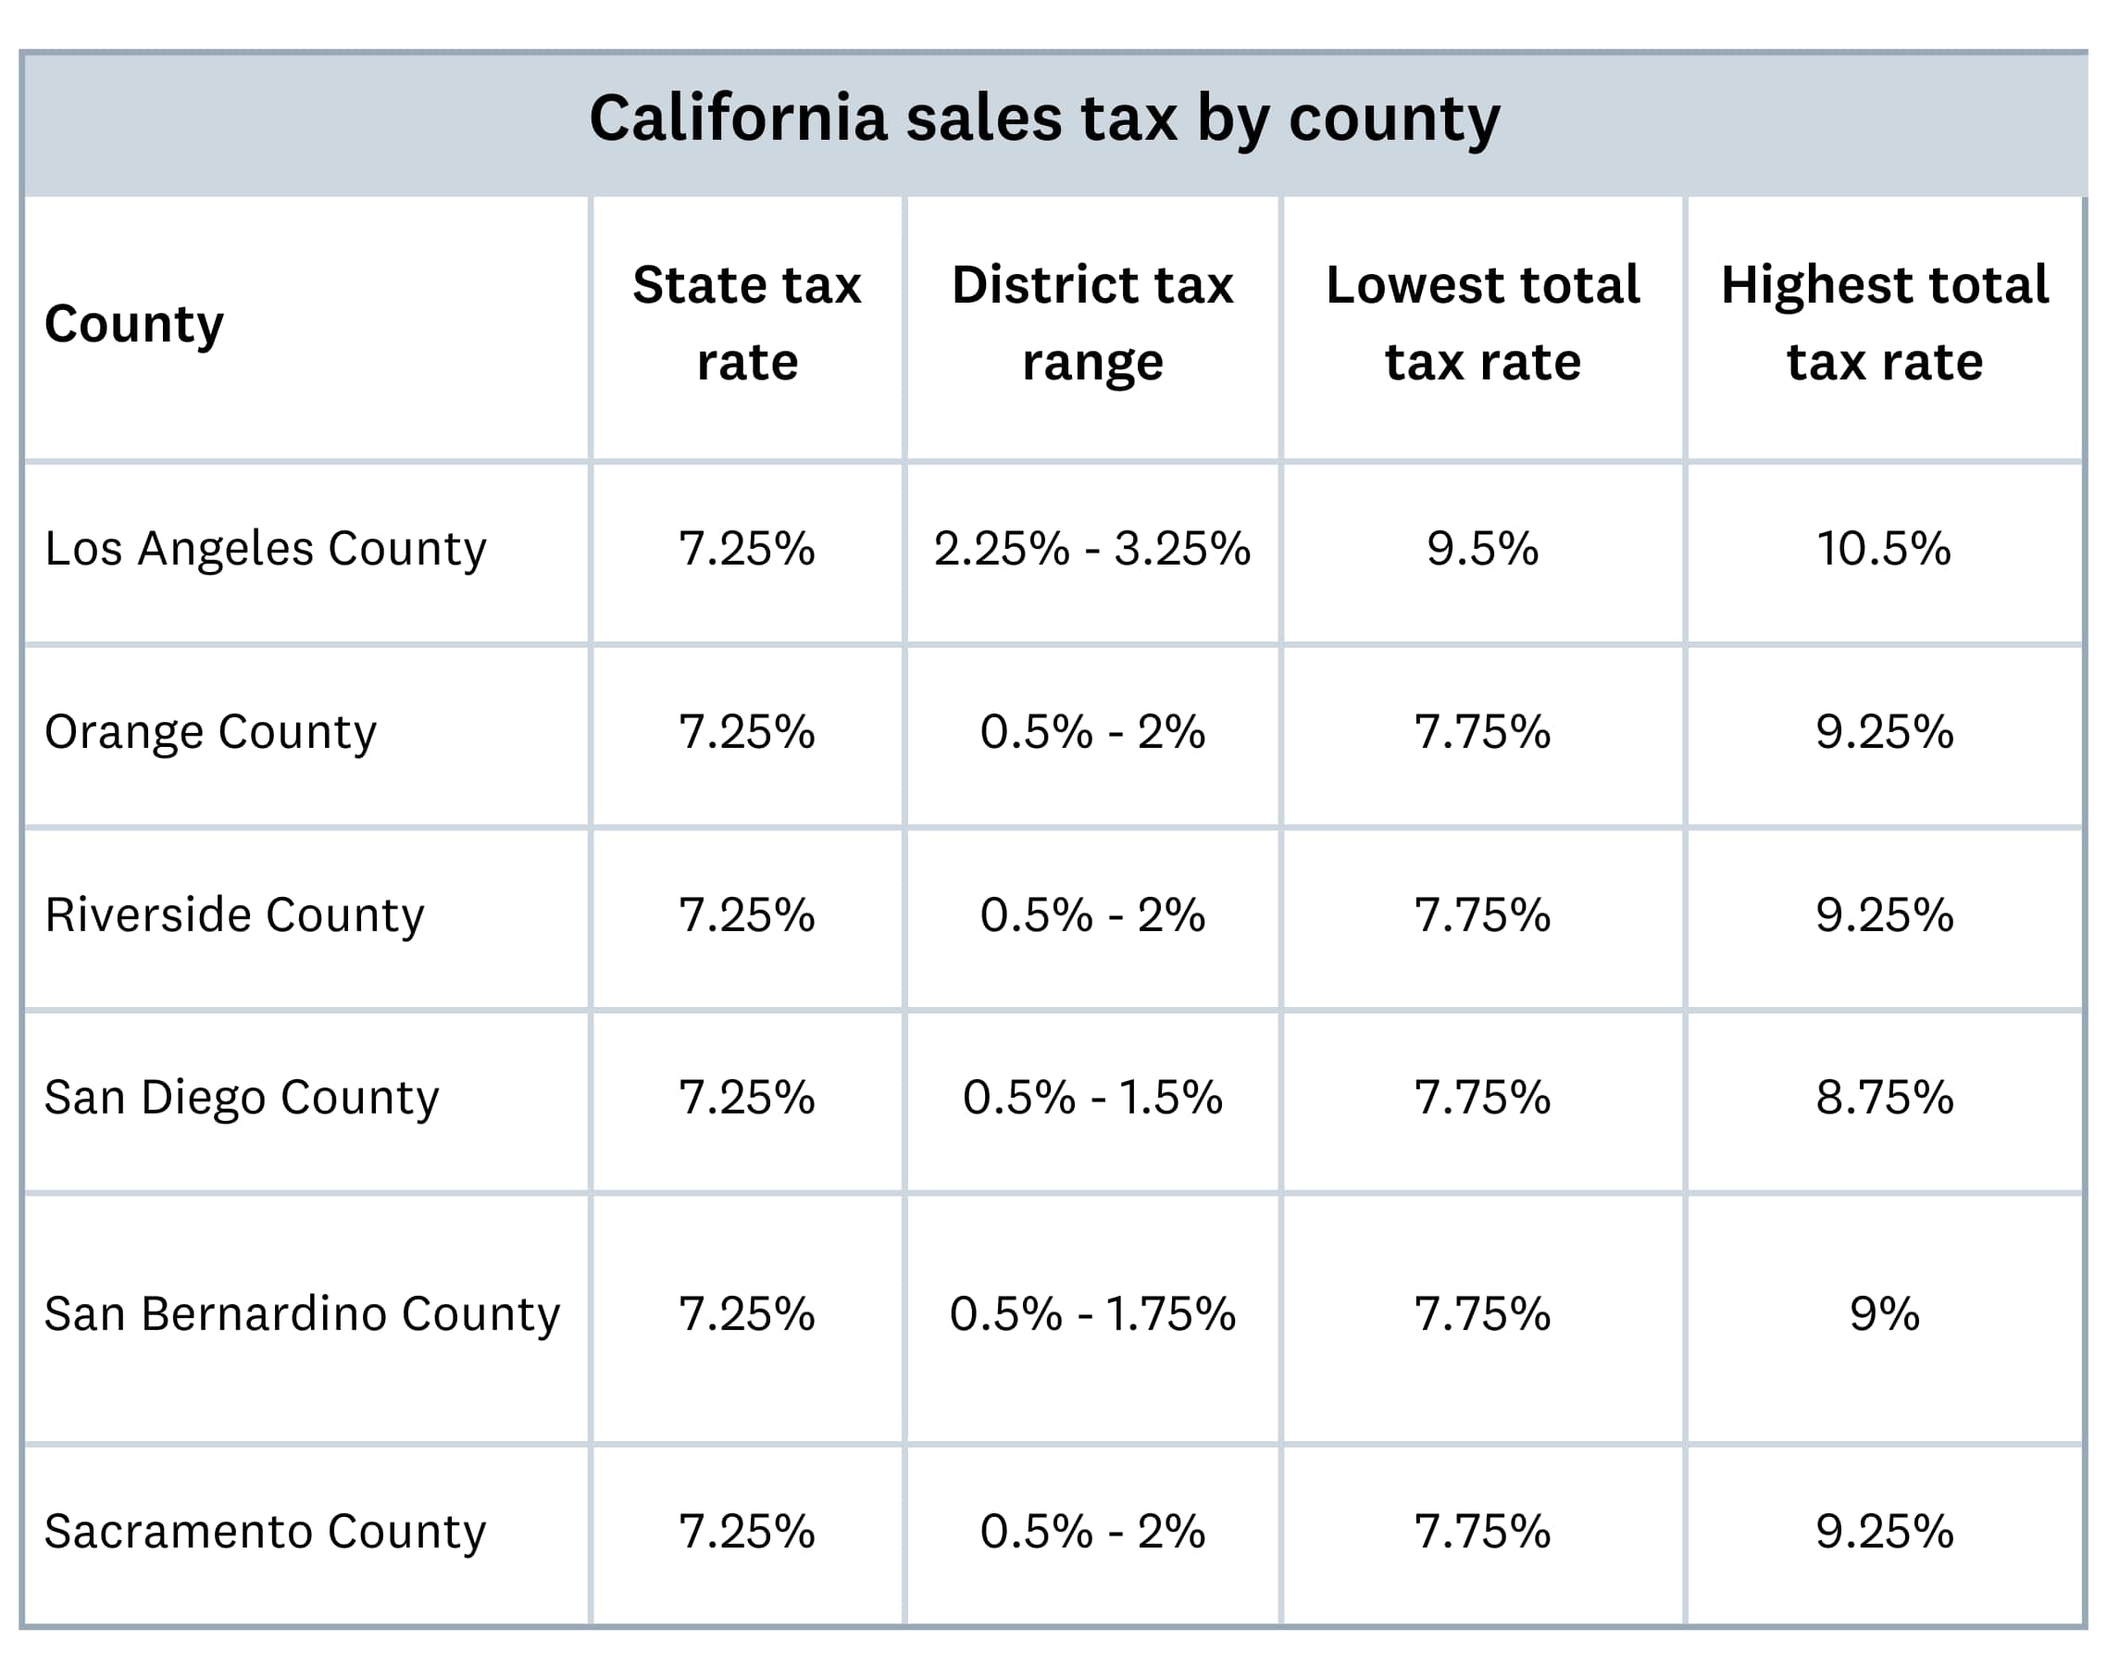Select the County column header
[133, 323]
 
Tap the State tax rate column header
[746, 323]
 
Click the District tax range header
[1091, 323]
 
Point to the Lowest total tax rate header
[1482, 323]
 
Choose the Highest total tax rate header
[1884, 323]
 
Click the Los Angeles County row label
[265, 548]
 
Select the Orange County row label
[210, 731]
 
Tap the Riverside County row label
[234, 915]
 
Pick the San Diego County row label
[241, 1098]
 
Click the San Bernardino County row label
[302, 1314]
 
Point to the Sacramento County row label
[265, 1532]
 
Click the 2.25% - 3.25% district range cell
[1091, 548]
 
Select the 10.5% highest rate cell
[1884, 548]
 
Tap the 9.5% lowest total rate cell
[1482, 548]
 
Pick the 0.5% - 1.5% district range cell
[1091, 1098]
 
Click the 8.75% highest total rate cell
[1884, 1098]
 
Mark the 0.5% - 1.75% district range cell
[1091, 1314]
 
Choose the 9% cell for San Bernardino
[1884, 1314]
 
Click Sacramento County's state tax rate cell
[746, 1532]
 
